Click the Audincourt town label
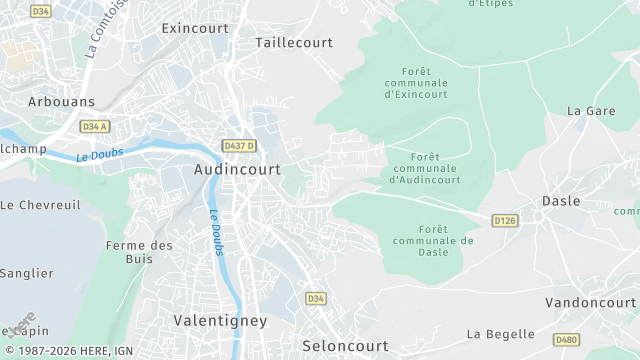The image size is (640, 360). tap(239, 170)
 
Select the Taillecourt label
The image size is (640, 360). tap(293, 43)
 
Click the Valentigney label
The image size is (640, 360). tap(220, 321)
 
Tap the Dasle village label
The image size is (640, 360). tap(560, 201)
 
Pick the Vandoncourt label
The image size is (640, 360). tap(590, 302)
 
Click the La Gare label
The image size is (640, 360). tap(590, 111)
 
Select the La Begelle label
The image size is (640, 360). tap(500, 334)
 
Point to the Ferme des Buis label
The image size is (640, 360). tap(139, 252)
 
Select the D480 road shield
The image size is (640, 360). tap(566, 340)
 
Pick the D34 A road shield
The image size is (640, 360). tap(95, 127)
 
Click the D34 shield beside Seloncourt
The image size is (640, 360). tap(316, 299)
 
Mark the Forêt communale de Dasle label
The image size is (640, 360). tap(432, 241)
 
